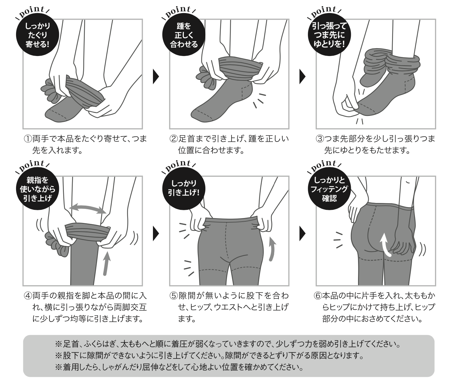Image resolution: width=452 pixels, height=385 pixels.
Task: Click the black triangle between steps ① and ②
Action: tap(156, 77)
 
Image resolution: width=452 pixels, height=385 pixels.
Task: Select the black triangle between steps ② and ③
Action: tap(302, 77)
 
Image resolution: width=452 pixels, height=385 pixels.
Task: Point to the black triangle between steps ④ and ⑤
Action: tap(156, 233)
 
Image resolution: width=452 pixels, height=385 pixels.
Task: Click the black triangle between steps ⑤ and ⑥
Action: tap(302, 233)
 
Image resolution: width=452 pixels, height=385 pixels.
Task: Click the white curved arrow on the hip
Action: tap(385, 244)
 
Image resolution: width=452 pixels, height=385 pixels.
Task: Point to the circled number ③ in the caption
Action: tap(319, 139)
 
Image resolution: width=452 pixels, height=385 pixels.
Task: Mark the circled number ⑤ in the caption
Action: tap(173, 296)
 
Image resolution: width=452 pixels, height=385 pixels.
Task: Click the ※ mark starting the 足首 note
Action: tap(59, 344)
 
